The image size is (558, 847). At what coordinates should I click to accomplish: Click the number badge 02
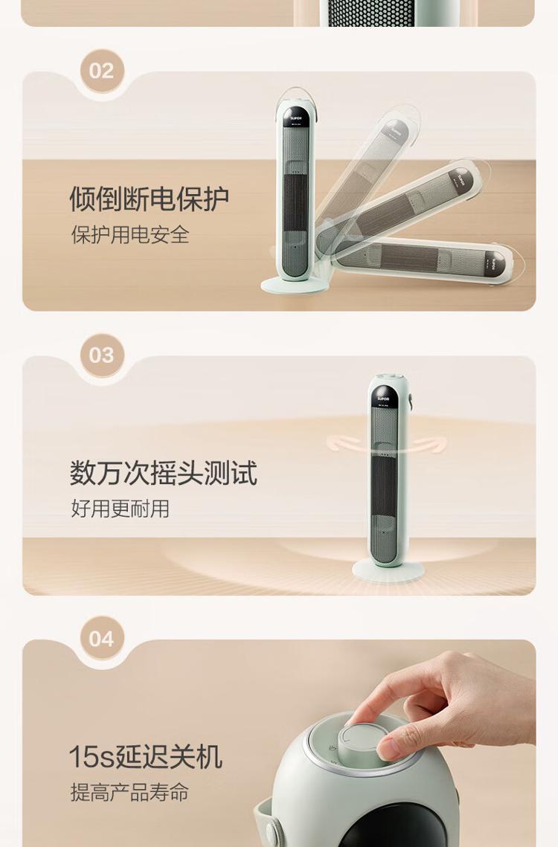click(102, 71)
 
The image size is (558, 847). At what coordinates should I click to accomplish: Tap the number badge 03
click(102, 355)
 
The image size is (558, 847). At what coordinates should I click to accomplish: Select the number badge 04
click(102, 639)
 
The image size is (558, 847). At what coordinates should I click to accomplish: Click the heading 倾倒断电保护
click(150, 199)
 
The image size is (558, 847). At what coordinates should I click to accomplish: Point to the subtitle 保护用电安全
click(130, 235)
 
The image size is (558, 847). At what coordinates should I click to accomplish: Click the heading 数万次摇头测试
click(163, 473)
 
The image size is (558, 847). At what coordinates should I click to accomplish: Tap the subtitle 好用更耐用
click(120, 509)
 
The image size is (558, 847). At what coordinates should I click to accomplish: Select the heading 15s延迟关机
click(145, 756)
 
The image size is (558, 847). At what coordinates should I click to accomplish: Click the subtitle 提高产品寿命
click(129, 793)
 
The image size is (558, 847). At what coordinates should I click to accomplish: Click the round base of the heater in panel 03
click(388, 570)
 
